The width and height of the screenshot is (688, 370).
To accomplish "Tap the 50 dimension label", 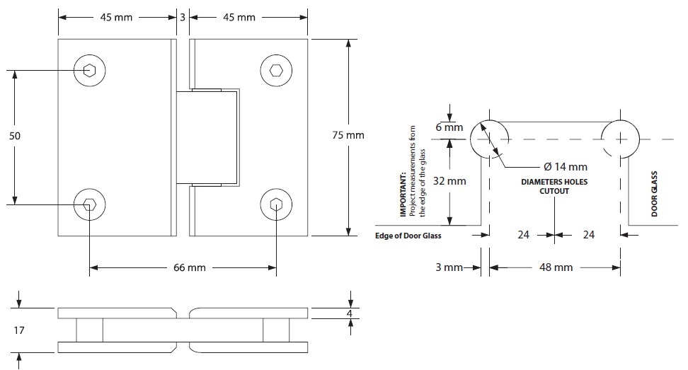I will tap(14, 134).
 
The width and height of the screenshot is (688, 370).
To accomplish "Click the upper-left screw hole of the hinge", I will tap(89, 70).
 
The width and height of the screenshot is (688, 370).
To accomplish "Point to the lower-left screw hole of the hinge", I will tap(89, 204).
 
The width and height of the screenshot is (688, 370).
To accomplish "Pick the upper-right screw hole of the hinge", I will tap(276, 70).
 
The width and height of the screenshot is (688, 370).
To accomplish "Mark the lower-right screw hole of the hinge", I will tap(276, 204).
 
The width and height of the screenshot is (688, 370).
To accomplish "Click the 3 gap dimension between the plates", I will tap(182, 17).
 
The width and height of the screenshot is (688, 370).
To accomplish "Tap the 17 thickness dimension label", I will tap(20, 330).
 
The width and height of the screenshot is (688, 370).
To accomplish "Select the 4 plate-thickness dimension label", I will tap(350, 313).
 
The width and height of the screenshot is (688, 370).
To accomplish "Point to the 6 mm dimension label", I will tap(449, 127).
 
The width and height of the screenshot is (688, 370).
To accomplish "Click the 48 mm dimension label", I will tap(556, 267).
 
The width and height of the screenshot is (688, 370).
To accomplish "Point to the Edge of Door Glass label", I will tap(408, 236).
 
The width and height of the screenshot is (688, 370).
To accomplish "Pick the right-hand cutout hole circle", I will tap(621, 137).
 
